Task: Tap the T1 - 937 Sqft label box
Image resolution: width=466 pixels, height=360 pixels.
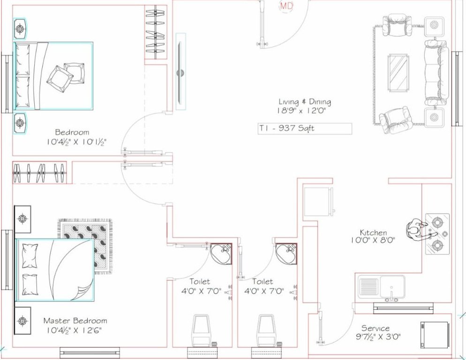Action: point(305,128)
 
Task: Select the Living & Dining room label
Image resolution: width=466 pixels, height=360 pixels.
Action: point(305,102)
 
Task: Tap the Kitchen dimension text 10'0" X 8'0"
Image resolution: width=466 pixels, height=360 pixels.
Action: point(373,240)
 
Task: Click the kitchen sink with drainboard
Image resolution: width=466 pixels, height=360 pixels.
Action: point(382,286)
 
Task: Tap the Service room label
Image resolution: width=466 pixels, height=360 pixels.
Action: point(375,328)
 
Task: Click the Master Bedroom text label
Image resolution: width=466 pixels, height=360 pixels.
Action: point(75,321)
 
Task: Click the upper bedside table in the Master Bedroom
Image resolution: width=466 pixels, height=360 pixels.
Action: point(23,218)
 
